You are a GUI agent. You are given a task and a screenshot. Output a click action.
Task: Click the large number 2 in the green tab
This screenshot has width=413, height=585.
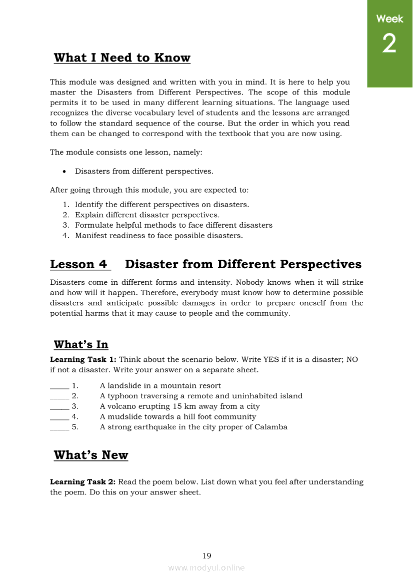tap(389, 44)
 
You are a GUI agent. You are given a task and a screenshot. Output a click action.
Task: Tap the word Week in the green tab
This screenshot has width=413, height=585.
tap(389, 19)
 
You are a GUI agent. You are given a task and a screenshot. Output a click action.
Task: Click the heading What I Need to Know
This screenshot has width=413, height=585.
tap(122, 58)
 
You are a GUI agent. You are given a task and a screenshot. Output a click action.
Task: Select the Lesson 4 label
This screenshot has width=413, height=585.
tap(80, 264)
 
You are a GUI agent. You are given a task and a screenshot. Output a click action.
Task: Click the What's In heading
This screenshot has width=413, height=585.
tap(81, 344)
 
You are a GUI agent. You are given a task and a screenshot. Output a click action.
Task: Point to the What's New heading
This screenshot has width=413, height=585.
tap(91, 455)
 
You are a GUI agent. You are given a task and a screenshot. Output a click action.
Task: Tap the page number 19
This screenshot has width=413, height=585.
tap(206, 555)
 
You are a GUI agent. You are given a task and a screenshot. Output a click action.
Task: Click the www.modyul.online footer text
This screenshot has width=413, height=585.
tap(206, 567)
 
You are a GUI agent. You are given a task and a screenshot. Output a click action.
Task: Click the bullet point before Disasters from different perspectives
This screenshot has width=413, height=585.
tap(64, 172)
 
